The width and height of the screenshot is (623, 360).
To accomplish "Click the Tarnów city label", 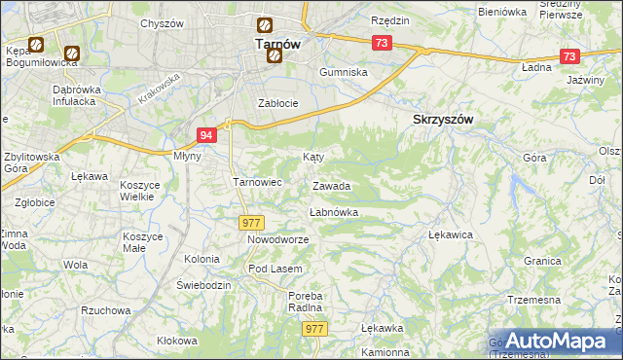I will pos(276,44).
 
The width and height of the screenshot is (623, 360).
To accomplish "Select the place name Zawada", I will pos(331,186).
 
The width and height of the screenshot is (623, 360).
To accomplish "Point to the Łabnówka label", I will pos(334,211).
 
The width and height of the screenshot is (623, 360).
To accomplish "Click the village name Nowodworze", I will pos(277,239).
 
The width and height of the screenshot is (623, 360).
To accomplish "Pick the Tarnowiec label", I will pos(257,182).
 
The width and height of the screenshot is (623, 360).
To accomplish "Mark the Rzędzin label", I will pos(390,20).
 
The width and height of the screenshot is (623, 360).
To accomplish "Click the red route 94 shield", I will pos(205,135).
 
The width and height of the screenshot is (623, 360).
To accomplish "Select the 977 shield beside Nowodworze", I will pos(249,223).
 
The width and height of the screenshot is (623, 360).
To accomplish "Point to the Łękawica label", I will pos(451,234).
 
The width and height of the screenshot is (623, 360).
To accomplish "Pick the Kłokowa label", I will pos(176,342).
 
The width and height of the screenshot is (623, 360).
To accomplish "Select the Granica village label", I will pos(542,261).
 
